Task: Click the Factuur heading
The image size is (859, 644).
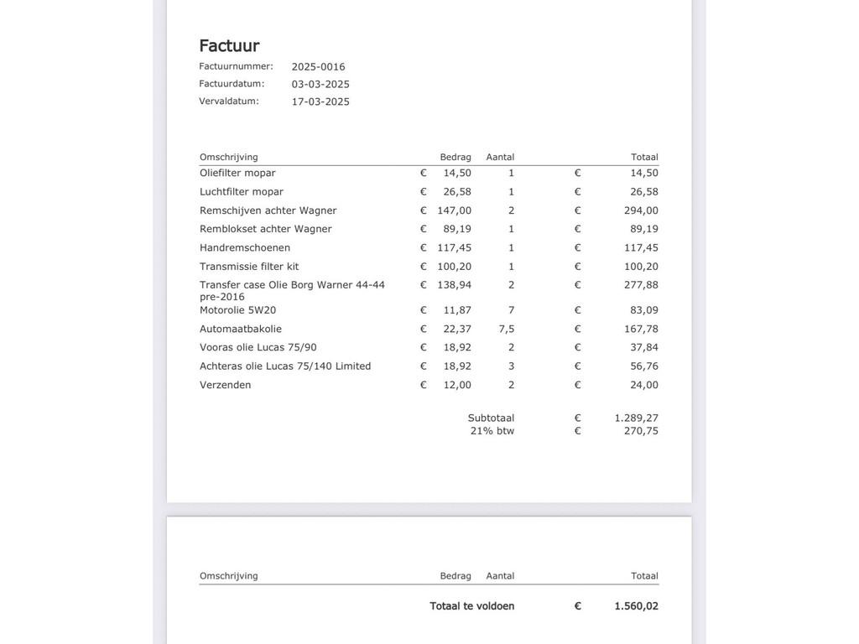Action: click(229, 45)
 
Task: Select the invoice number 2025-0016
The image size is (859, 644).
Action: click(318, 67)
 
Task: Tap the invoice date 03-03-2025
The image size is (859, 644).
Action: click(320, 84)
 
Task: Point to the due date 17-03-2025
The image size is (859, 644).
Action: click(320, 101)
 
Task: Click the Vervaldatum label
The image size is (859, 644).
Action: click(229, 101)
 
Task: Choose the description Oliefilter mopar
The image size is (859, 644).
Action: click(237, 173)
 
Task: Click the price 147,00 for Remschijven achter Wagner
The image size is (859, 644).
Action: click(455, 210)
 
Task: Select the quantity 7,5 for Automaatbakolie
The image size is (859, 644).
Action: click(507, 329)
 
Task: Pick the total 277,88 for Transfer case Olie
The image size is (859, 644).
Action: click(641, 285)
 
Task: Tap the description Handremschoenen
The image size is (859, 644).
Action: click(245, 247)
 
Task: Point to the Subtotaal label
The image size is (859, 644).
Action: click(491, 418)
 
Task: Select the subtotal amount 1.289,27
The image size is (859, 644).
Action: click(636, 418)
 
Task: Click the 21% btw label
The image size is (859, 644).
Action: click(492, 431)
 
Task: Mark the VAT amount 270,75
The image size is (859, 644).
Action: click(641, 431)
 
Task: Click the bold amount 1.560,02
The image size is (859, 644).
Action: click(636, 606)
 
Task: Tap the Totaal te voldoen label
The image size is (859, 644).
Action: click(472, 606)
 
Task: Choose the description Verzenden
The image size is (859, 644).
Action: click(225, 385)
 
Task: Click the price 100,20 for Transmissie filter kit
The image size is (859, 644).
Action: click(455, 267)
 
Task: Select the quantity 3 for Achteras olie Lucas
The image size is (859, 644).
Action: click(511, 366)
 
